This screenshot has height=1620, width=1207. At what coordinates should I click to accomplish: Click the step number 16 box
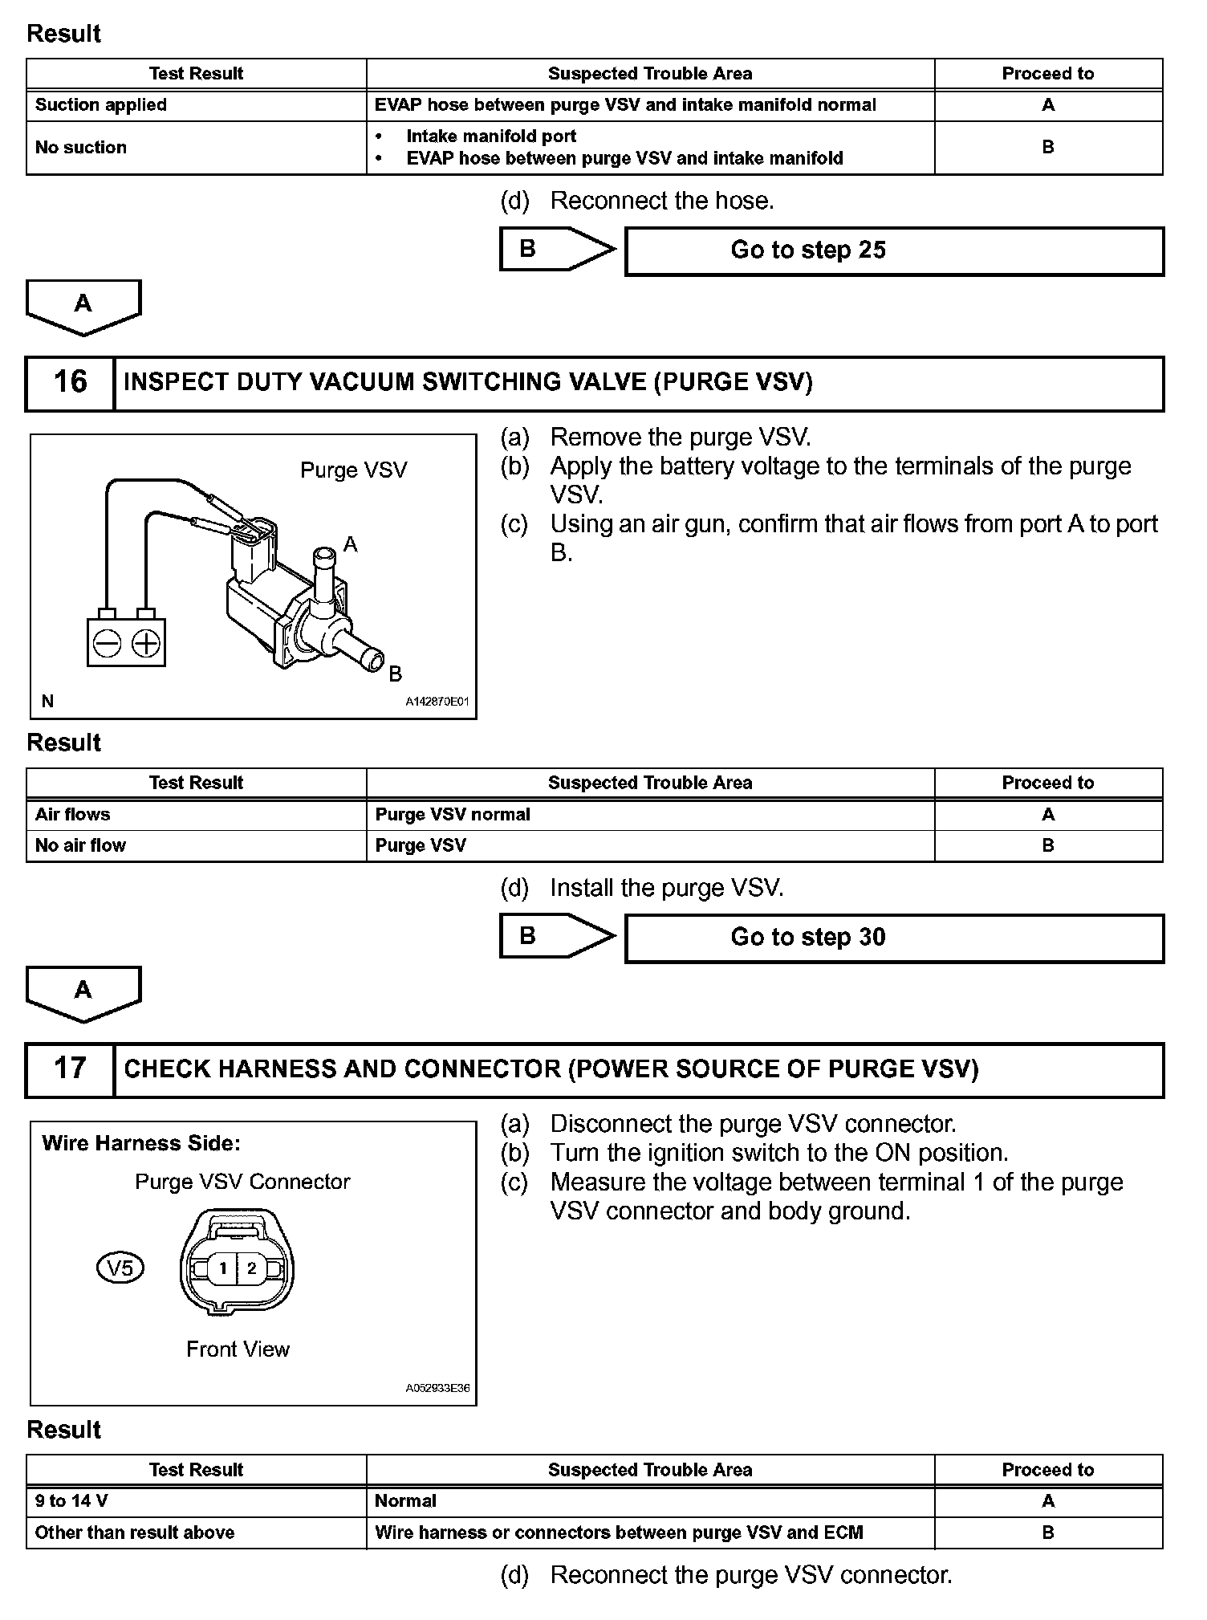[70, 382]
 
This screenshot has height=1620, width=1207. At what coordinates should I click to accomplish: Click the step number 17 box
[70, 1068]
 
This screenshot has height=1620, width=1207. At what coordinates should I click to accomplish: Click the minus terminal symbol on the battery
[107, 644]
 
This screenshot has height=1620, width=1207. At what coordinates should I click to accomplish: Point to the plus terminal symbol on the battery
[145, 644]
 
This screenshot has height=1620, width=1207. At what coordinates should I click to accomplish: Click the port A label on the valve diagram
[350, 545]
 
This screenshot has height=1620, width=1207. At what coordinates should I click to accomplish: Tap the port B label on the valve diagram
[395, 674]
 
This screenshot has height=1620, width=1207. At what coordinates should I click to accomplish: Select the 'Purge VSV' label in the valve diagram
[353, 470]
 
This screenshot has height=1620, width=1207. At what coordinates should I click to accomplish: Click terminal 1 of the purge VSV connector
[223, 1268]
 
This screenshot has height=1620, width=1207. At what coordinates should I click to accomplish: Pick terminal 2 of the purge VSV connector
[252, 1268]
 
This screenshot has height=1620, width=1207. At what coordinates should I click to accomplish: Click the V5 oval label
[120, 1268]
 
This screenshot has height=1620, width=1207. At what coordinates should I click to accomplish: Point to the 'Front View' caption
[238, 1349]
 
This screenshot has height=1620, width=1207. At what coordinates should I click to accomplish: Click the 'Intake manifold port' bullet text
[491, 136]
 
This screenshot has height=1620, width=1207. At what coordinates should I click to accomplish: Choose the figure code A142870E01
[437, 702]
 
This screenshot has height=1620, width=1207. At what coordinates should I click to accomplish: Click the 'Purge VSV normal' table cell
[453, 815]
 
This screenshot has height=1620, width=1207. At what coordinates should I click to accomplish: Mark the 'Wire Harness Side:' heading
[141, 1143]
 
